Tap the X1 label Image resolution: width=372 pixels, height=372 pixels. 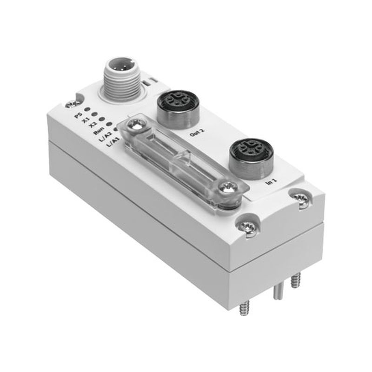[x=85, y=120]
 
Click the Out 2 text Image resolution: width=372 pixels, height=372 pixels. [x=197, y=133]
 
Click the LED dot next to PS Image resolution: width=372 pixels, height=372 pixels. [x=87, y=109]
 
